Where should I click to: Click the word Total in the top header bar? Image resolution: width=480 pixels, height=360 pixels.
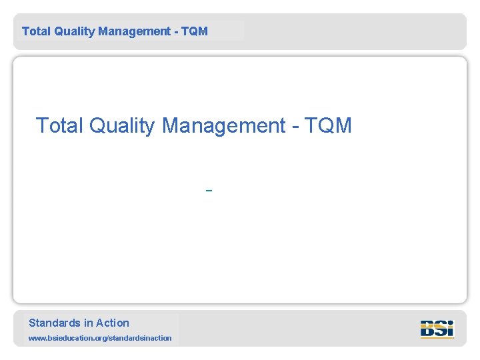pyautogui.click(x=35, y=31)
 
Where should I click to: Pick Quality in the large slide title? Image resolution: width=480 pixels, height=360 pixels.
pyautogui.click(x=121, y=125)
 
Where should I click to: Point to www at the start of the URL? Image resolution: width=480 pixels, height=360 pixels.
pyautogui.click(x=37, y=339)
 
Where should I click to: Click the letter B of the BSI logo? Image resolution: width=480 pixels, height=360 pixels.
pyautogui.click(x=428, y=329)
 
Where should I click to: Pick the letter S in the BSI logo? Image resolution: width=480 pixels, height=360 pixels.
pyautogui.click(x=441, y=329)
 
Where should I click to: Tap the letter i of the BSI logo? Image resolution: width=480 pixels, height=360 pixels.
pyautogui.click(x=451, y=329)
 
